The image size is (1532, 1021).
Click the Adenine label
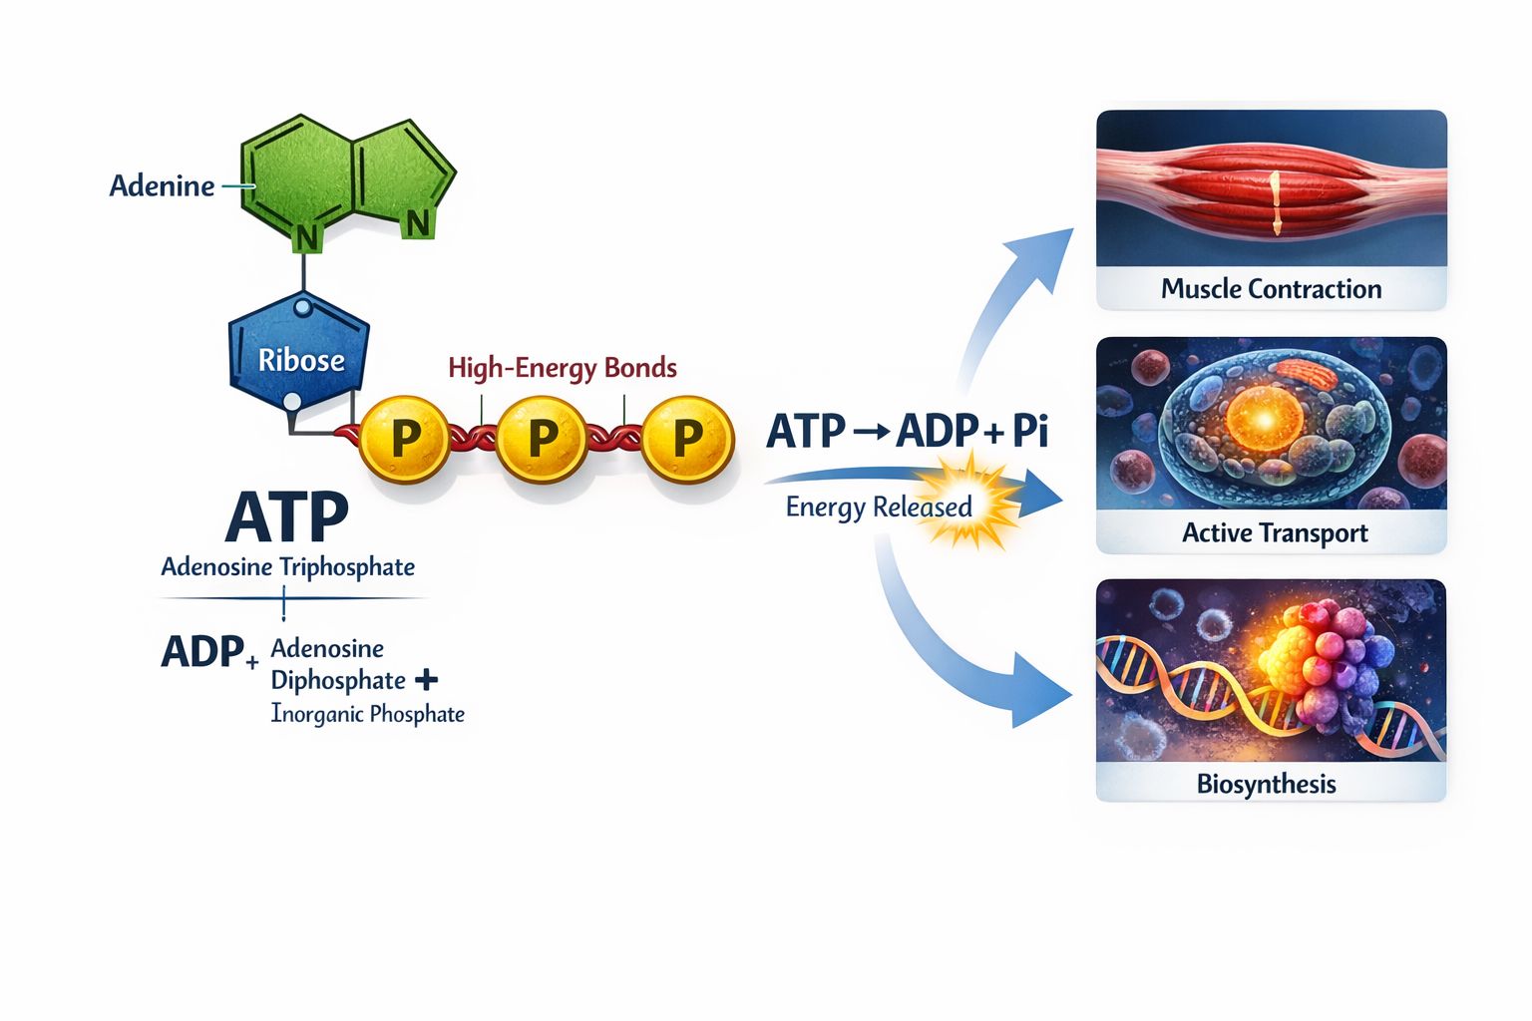click(x=163, y=185)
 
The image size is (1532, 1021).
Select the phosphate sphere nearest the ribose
click(x=404, y=439)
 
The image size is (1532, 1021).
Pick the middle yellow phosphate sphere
click(x=542, y=439)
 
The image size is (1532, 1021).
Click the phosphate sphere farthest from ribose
click(x=688, y=439)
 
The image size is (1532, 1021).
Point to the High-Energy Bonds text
click(x=563, y=369)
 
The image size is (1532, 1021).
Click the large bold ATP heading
click(x=286, y=516)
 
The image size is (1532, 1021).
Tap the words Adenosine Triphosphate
click(x=288, y=567)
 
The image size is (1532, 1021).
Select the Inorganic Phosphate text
click(x=367, y=714)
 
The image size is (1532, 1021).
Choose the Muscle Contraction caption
click(x=1271, y=289)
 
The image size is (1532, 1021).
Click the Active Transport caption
click(x=1275, y=532)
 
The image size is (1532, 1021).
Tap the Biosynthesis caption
click(x=1266, y=784)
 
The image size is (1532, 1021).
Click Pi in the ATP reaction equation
click(x=1030, y=431)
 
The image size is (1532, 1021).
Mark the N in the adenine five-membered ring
click(x=417, y=223)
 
